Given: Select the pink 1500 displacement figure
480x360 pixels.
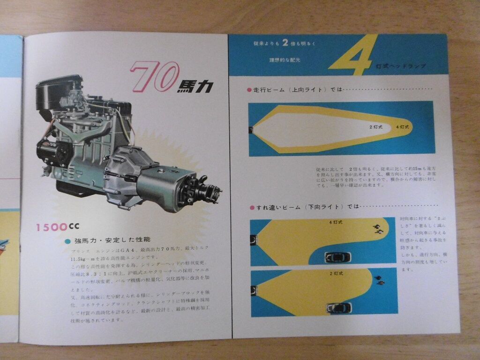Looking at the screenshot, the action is pos(52,227).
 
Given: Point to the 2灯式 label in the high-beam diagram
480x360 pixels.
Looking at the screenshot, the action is pos(376,127).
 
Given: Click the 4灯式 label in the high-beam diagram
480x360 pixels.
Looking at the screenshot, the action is pos(402,127).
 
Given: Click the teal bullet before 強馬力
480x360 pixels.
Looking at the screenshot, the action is pos(68,241).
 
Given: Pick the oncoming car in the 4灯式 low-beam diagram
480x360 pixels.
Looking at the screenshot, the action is pos(338,257).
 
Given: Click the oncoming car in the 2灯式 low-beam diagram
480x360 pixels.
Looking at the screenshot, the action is pos(339,308).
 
